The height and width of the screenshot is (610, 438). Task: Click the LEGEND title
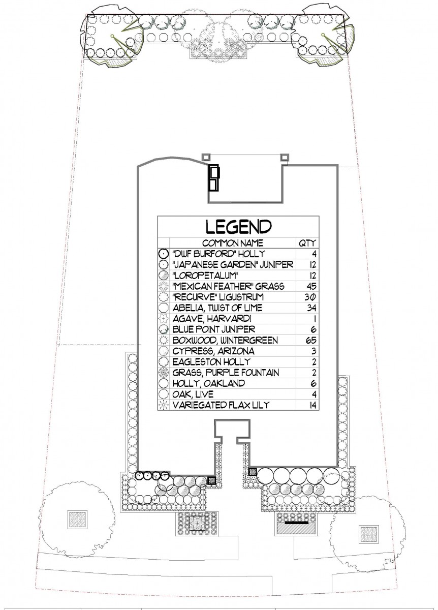tap(238, 227)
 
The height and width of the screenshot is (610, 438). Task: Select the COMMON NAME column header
tap(233, 243)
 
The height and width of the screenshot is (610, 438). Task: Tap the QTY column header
tap(307, 243)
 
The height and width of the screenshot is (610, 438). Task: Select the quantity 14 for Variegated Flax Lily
tap(313, 405)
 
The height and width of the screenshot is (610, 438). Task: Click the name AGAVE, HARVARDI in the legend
tap(212, 319)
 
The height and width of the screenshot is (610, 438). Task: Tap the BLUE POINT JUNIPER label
tap(214, 329)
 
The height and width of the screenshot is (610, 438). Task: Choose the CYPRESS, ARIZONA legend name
tap(213, 351)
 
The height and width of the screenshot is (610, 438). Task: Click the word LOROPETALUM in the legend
tap(205, 276)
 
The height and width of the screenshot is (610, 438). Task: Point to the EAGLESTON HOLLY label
tap(211, 361)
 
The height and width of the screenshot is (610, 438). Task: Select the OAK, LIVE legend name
tap(193, 394)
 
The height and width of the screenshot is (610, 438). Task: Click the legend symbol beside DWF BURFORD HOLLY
tap(163, 254)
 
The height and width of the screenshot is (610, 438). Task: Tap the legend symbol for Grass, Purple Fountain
tap(163, 373)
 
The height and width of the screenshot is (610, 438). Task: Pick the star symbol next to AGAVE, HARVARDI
tap(163, 319)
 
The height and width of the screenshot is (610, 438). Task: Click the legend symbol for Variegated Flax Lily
tap(163, 405)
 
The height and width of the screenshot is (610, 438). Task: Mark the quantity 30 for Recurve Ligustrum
tap(310, 297)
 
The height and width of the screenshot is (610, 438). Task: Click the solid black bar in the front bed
tap(297, 523)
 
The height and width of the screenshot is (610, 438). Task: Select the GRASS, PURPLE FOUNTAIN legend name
tap(226, 373)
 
